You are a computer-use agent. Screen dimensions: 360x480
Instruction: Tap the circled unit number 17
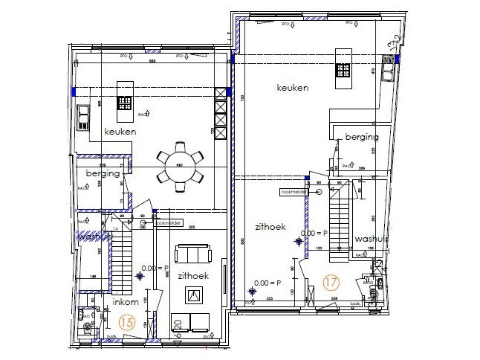point(331,283)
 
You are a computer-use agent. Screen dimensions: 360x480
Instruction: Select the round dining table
point(179,165)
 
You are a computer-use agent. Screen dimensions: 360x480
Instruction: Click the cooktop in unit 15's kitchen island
point(124,105)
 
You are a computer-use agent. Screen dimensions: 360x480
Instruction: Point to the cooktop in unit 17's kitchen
point(343,70)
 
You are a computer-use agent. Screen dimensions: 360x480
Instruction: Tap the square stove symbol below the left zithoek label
point(195,296)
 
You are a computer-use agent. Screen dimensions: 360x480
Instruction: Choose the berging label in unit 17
point(361,137)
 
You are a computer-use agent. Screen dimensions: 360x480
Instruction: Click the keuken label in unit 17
point(292,88)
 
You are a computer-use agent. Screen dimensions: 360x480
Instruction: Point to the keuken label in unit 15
point(120,132)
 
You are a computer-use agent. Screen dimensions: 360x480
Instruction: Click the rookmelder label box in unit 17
point(293,191)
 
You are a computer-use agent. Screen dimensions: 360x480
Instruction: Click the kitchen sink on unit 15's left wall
point(84,117)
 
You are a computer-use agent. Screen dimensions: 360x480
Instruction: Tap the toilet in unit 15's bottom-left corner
point(91,326)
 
